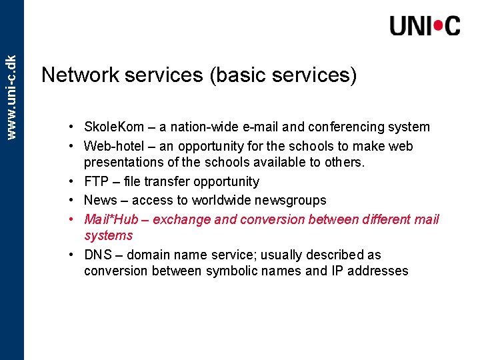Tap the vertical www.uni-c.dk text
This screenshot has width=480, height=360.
click(11, 87)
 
